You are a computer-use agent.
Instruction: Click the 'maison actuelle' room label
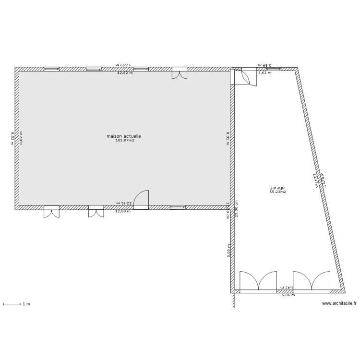tap(124, 136)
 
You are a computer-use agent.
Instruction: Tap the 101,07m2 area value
tap(124, 141)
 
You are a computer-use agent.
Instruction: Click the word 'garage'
tap(277, 188)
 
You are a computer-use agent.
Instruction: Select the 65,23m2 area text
tap(277, 192)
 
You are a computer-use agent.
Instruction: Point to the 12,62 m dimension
tap(124, 73)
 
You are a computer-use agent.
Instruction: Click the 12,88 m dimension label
tap(123, 211)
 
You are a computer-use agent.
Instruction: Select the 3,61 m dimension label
tap(264, 73)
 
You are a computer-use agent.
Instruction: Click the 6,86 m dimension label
tap(288, 295)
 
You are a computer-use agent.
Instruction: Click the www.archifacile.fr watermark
tap(339, 303)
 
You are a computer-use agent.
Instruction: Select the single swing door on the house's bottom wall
tap(141, 200)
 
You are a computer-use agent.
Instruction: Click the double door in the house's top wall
tap(180, 73)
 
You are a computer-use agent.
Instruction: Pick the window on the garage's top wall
tap(274, 69)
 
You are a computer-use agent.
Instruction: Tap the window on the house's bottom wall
tap(178, 207)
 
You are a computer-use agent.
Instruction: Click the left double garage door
tap(258, 282)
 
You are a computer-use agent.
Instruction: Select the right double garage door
tap(312, 282)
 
